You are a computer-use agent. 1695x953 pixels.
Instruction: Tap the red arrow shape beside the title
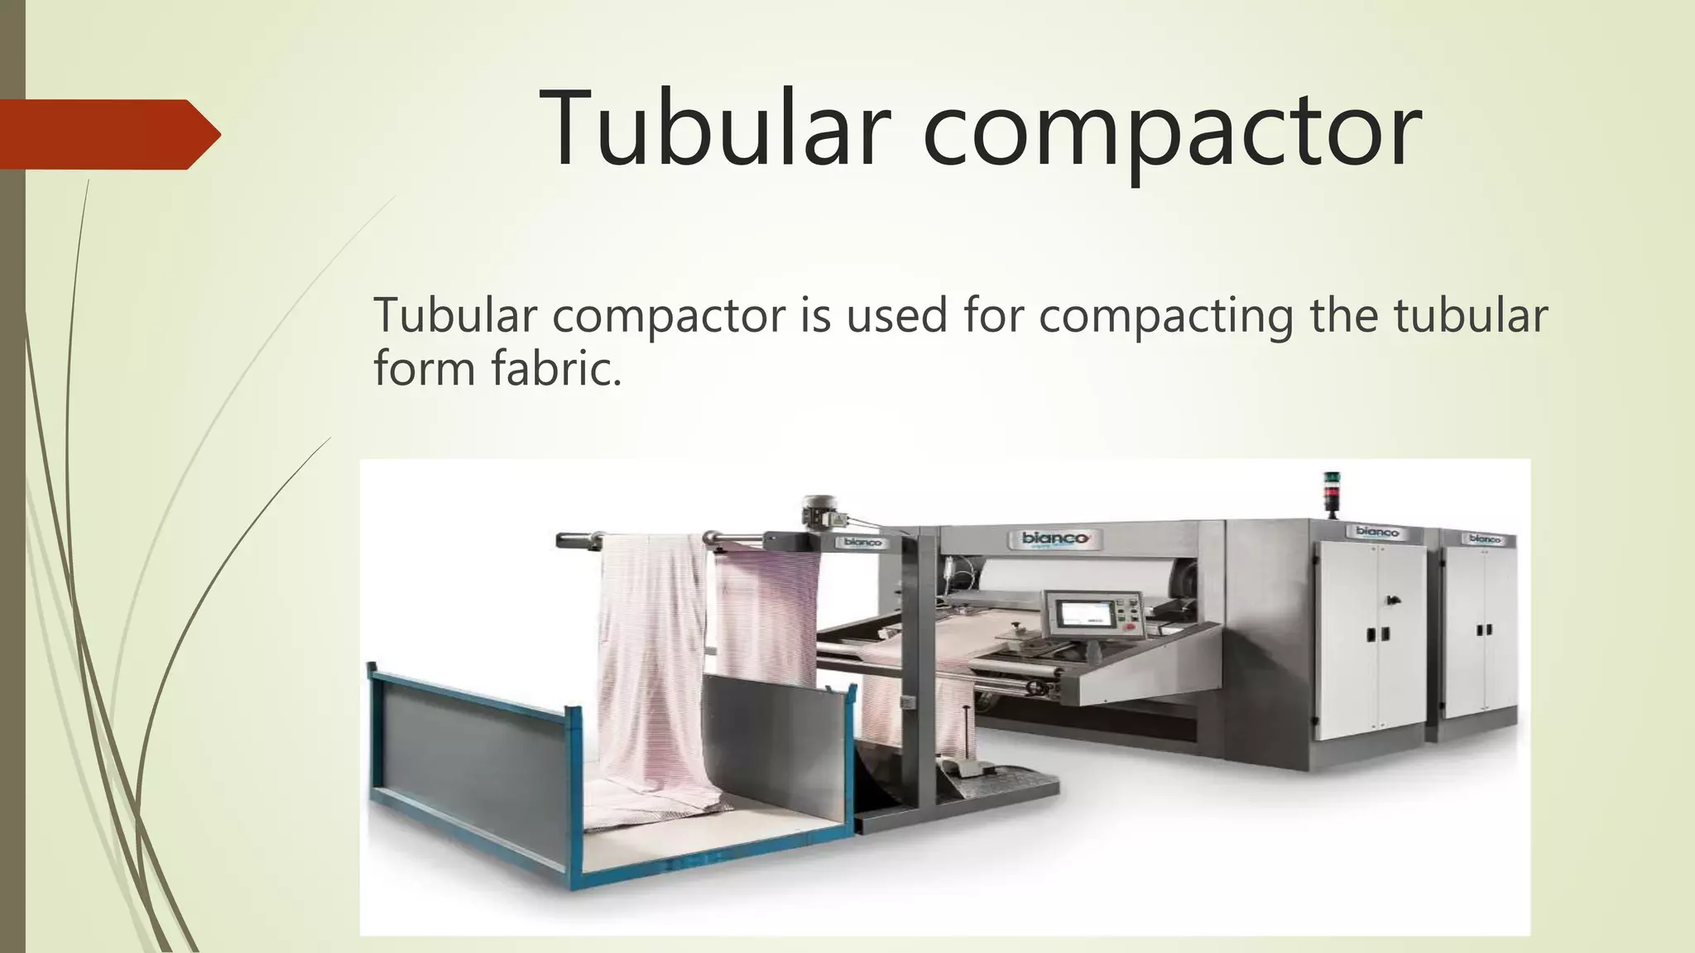(x=110, y=134)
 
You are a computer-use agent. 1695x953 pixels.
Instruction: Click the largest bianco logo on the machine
(x=1055, y=539)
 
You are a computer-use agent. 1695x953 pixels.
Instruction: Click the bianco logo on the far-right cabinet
(x=1484, y=539)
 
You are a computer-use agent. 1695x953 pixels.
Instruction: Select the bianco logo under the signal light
(x=1376, y=532)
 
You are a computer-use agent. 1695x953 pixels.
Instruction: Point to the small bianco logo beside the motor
(x=862, y=543)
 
